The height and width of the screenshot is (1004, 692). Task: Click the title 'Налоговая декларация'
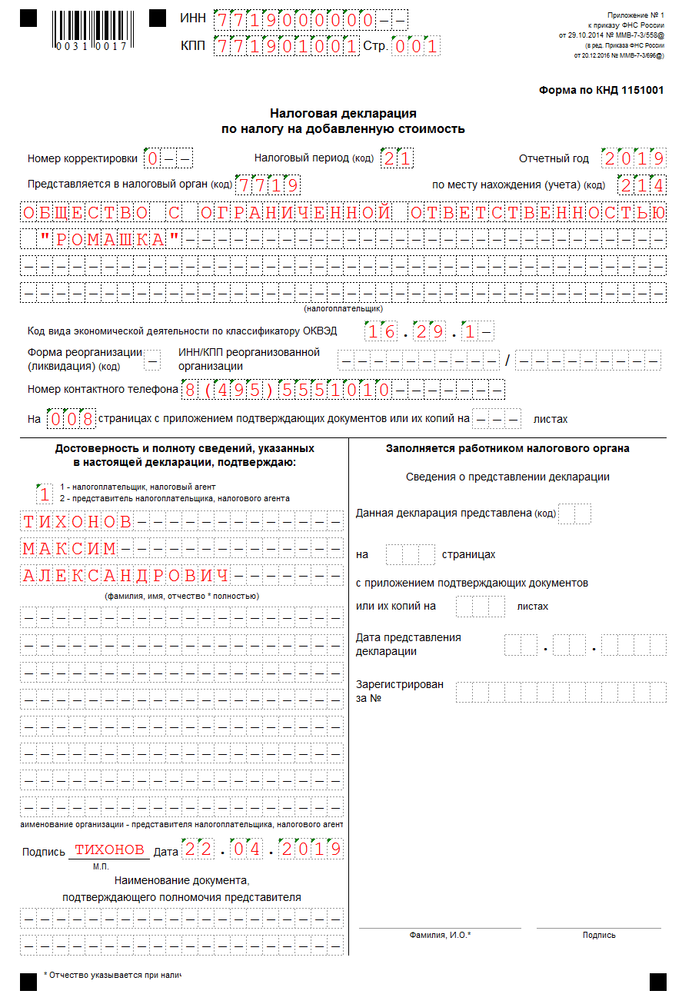click(x=343, y=113)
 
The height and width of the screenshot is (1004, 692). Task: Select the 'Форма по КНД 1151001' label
click(x=601, y=90)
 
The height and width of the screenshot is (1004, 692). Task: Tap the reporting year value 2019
click(x=634, y=158)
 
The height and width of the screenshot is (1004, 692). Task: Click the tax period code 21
click(x=397, y=158)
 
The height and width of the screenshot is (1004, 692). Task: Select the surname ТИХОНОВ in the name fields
click(x=78, y=522)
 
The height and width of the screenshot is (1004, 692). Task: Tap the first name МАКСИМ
click(x=69, y=549)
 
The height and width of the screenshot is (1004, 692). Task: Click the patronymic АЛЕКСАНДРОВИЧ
click(x=126, y=576)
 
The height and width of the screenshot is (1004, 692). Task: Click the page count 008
click(x=72, y=419)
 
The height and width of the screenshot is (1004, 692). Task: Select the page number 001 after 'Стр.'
click(x=416, y=46)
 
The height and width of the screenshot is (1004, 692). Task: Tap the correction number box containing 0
click(x=153, y=158)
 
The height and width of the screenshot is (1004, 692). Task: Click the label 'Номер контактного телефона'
click(x=103, y=389)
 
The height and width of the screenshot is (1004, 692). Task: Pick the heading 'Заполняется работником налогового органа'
click(x=507, y=448)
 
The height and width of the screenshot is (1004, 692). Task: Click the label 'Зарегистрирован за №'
click(x=400, y=691)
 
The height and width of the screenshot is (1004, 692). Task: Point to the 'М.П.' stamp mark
click(x=101, y=866)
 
